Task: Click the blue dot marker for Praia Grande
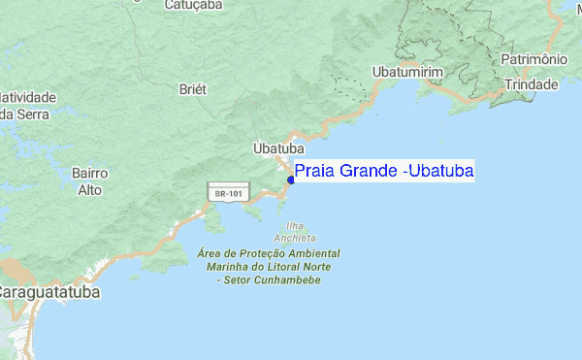point(291,180)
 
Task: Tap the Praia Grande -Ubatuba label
point(383,172)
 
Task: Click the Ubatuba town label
point(278,148)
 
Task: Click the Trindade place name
point(529,85)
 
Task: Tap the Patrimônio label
point(533,60)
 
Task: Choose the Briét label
point(193,89)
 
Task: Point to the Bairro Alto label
point(89,181)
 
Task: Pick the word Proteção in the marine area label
point(255,253)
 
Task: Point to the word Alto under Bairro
point(89,190)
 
